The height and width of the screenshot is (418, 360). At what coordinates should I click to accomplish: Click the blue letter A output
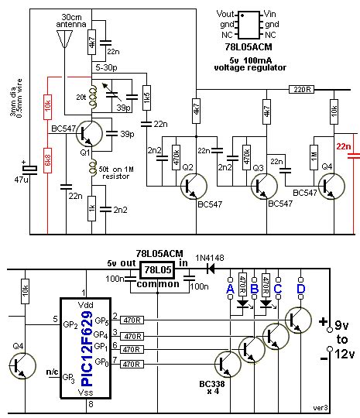point(229,289)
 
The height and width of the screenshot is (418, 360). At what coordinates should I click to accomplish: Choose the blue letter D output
point(301,289)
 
